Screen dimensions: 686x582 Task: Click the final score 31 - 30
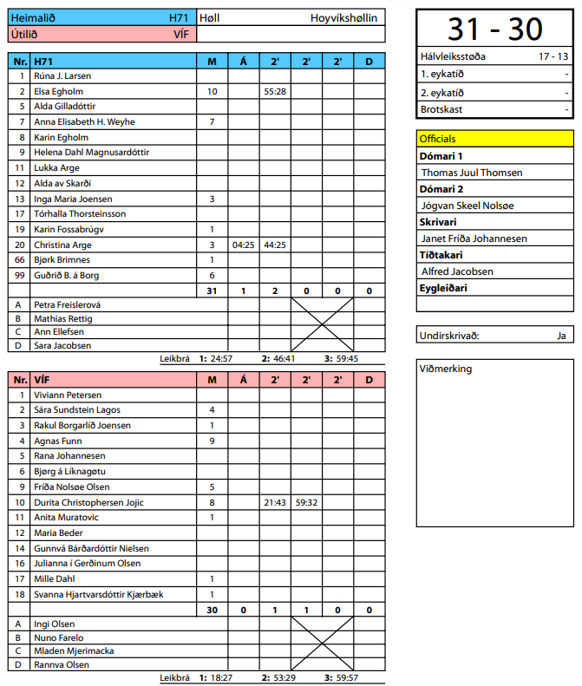click(x=494, y=29)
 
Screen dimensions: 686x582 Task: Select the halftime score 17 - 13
click(x=553, y=56)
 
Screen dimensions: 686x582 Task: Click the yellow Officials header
click(x=494, y=139)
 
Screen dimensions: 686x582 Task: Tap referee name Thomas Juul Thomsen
click(x=471, y=173)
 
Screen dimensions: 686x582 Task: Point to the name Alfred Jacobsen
click(x=458, y=271)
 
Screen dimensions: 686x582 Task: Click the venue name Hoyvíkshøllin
click(x=343, y=17)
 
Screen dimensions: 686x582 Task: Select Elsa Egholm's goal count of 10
click(x=212, y=91)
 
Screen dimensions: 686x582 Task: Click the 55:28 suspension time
click(x=275, y=91)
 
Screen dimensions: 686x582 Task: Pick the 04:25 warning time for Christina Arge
click(x=243, y=245)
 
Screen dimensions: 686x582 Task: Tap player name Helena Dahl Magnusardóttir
click(x=91, y=153)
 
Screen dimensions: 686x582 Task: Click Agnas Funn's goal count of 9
click(x=212, y=441)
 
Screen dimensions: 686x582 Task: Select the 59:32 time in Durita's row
click(x=306, y=502)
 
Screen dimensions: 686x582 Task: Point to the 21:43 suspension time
click(x=275, y=502)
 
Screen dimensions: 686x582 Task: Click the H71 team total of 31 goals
click(x=212, y=291)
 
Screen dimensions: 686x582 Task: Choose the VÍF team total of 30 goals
click(x=212, y=610)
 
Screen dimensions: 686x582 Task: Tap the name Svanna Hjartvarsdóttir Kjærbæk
click(x=98, y=594)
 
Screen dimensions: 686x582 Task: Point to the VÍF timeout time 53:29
click(x=284, y=677)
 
